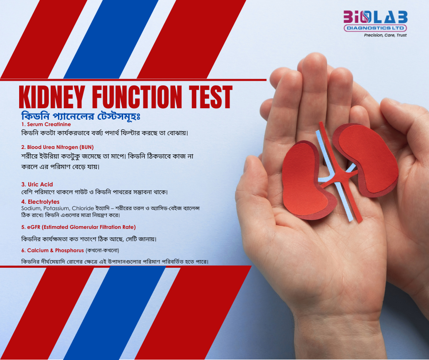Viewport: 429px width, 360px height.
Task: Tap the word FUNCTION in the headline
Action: click(x=137, y=97)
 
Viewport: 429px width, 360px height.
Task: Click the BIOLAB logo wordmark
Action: click(x=375, y=17)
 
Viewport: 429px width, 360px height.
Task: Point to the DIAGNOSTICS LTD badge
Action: click(x=375, y=28)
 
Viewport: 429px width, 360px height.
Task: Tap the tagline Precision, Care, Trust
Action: click(x=385, y=35)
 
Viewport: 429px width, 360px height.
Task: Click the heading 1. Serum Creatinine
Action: click(x=46, y=124)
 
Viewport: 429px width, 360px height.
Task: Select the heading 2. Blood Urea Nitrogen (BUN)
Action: click(x=58, y=147)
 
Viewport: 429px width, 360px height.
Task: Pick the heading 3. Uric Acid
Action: click(x=37, y=185)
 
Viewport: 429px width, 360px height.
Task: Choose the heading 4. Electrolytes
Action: click(x=40, y=202)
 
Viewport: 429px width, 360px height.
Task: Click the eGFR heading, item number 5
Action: click(x=78, y=227)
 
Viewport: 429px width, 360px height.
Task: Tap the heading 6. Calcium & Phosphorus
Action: click(x=52, y=250)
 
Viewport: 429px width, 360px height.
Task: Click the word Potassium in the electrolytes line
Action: click(x=56, y=208)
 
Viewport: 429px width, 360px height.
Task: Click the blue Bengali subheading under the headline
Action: click(x=81, y=116)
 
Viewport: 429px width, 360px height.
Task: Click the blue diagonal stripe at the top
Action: click(x=111, y=39)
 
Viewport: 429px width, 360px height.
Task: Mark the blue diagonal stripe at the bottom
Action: click(x=115, y=312)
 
